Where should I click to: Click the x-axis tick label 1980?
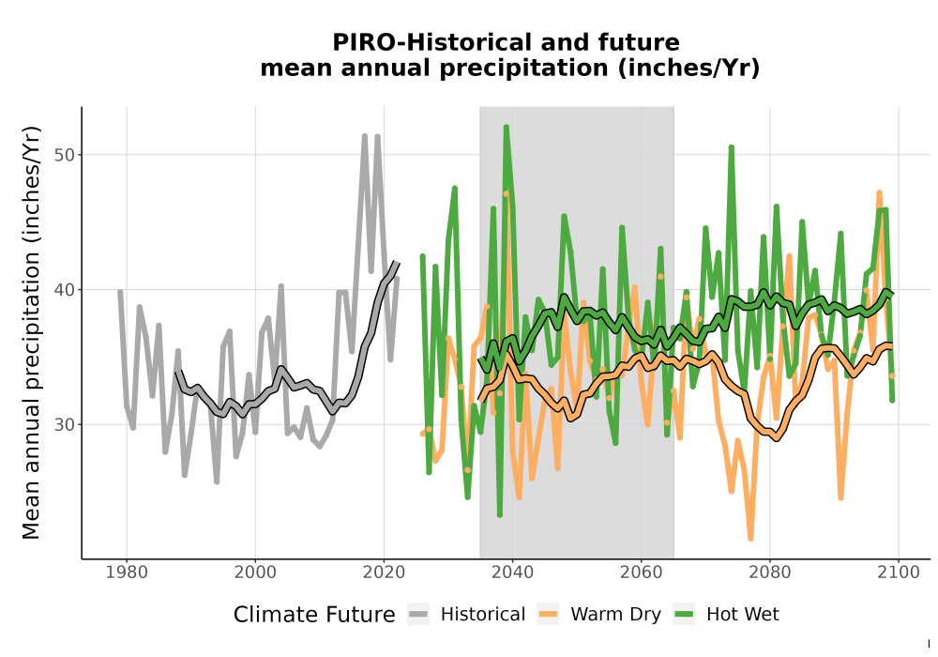127,573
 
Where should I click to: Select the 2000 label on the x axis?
255,573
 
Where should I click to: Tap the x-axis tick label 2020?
384,573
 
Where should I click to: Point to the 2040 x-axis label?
513,573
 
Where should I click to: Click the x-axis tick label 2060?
642,573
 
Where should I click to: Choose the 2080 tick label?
770,573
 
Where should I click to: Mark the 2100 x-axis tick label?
899,573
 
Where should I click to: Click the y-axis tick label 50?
66,155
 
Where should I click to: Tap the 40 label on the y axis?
66,290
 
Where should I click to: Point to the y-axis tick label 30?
66,424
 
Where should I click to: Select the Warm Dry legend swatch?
548,615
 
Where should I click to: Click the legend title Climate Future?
314,615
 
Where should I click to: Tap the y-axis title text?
31,332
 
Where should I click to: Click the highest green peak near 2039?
507,127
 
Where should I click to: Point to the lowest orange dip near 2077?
750,538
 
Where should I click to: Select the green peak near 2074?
731,147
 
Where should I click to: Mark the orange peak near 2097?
879,193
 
